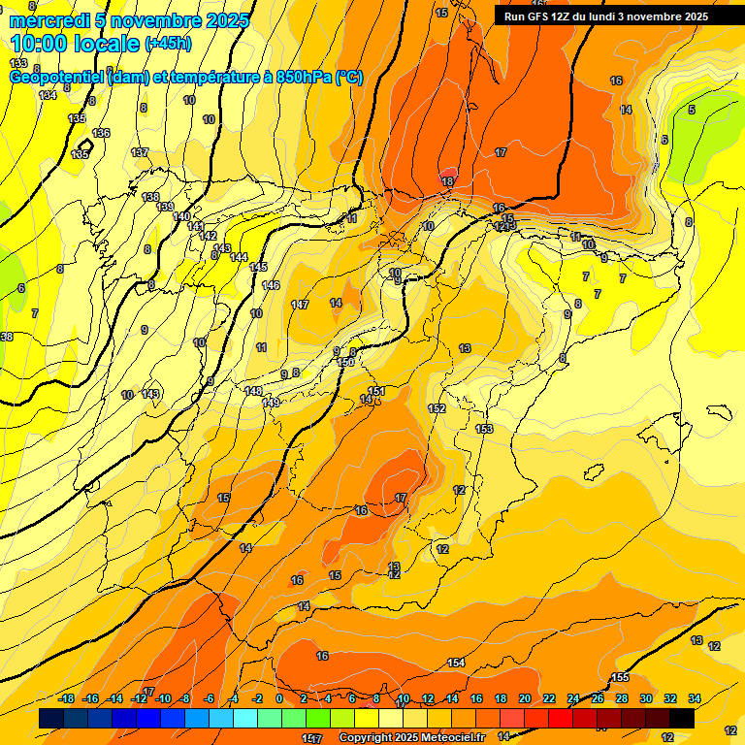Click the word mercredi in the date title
point(49,20)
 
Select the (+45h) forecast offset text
point(169,44)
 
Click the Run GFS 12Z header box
point(606,16)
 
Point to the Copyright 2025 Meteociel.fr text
point(411,738)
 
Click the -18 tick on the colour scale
point(66,698)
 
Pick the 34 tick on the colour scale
point(695,698)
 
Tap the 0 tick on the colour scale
point(279,698)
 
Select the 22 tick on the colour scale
point(549,698)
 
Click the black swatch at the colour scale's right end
point(682,719)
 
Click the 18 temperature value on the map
point(447,181)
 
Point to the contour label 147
point(300,305)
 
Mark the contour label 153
point(484,429)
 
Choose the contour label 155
point(621,677)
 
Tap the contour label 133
point(18,63)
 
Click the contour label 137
point(140,152)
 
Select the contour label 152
point(437,408)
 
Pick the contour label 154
point(456,663)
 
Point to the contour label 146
point(271,285)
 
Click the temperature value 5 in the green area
point(692,110)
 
